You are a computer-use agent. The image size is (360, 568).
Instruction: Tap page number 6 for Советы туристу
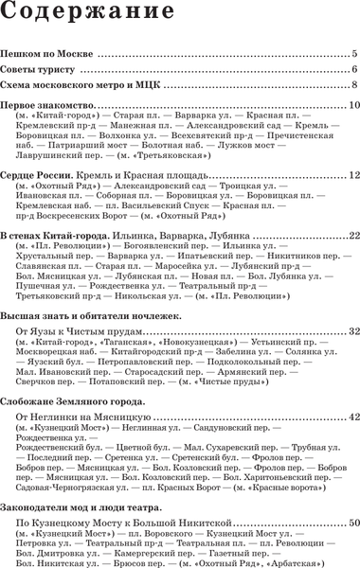[352, 70]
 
